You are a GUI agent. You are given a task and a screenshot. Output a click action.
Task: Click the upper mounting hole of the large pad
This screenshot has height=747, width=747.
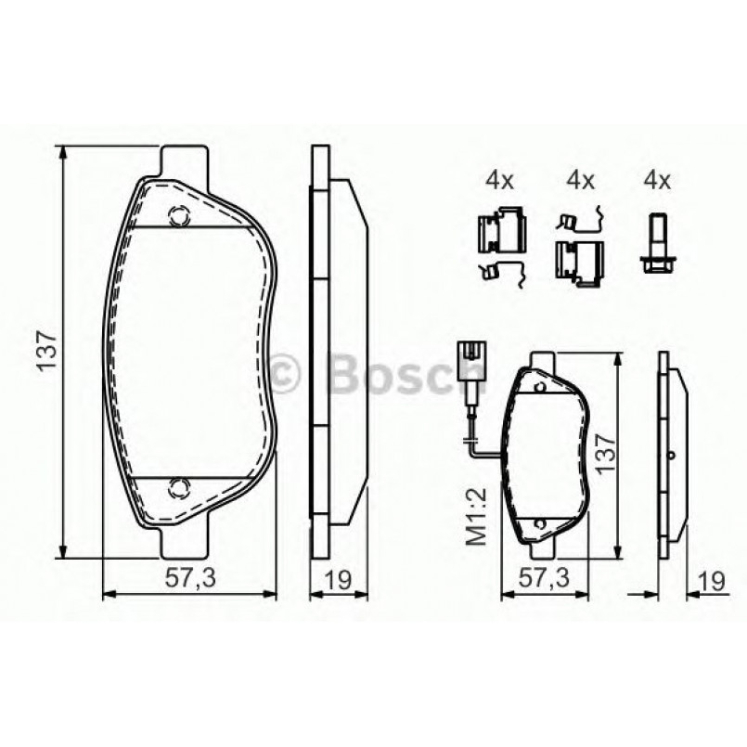pyautogui.click(x=178, y=216)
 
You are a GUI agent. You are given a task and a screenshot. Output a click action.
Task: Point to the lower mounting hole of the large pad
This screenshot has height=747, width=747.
pyautogui.click(x=178, y=485)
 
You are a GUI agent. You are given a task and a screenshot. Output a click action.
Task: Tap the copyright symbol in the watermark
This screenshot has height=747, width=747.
pyautogui.click(x=286, y=373)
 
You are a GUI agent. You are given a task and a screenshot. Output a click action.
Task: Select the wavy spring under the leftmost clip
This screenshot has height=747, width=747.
pyautogui.click(x=502, y=271)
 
